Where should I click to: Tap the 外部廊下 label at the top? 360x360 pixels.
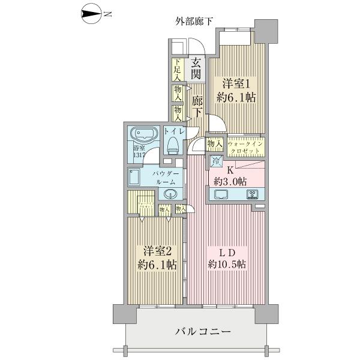194,23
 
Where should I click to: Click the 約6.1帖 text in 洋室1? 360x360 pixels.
236,97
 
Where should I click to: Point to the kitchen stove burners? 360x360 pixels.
252,194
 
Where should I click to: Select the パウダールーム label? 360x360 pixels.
165,176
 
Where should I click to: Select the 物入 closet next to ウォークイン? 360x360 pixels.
215,144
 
